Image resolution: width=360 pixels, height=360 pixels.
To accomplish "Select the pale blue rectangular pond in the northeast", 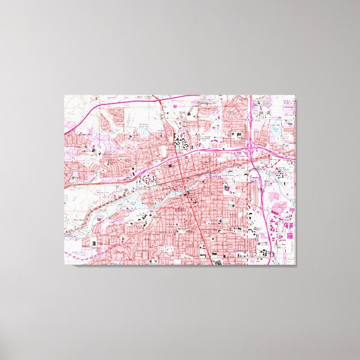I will tap(278, 126).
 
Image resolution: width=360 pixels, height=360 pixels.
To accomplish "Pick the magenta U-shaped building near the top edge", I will tap(175, 105).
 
